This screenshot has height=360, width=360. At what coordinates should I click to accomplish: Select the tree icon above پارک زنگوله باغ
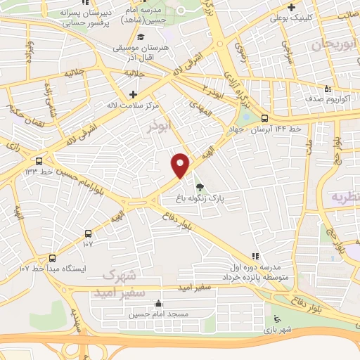pos(200,187)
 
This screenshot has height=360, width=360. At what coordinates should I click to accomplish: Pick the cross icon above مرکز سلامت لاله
pos(134,94)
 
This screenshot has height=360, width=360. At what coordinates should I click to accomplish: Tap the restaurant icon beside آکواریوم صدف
pos(328,88)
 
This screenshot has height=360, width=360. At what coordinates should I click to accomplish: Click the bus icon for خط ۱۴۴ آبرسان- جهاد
pos(264,118)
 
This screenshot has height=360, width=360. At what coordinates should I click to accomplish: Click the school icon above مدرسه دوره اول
pos(255,256)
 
